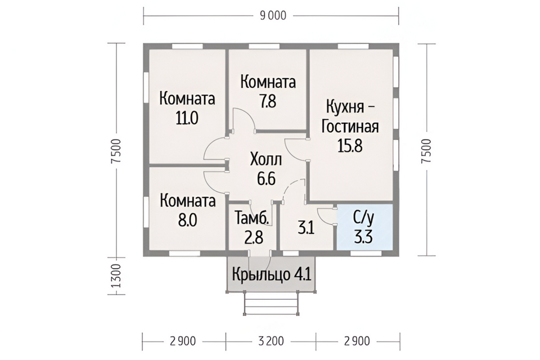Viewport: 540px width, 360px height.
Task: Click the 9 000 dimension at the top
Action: pyautogui.click(x=273, y=16)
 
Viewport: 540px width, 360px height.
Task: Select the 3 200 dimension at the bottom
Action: pyautogui.click(x=271, y=341)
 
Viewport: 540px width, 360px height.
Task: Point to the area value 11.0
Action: pyautogui.click(x=187, y=119)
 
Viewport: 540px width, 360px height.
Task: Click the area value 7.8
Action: pyautogui.click(x=268, y=102)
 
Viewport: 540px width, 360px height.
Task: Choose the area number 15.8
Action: pyautogui.click(x=350, y=146)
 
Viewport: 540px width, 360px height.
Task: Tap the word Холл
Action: pyautogui.click(x=266, y=160)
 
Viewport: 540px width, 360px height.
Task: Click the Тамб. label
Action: pyautogui.click(x=251, y=218)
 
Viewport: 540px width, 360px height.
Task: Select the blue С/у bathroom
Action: pyautogui.click(x=364, y=227)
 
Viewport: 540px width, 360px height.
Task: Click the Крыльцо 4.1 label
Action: pyautogui.click(x=271, y=274)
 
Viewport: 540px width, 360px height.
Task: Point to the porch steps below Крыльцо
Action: pyautogui.click(x=271, y=303)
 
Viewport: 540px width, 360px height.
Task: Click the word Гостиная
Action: pyautogui.click(x=350, y=127)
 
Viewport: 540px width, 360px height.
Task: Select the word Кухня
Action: pyautogui.click(x=345, y=107)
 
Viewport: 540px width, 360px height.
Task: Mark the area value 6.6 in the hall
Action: pyautogui.click(x=266, y=179)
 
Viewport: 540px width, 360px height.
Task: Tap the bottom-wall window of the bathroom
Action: pyautogui.click(x=366, y=253)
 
